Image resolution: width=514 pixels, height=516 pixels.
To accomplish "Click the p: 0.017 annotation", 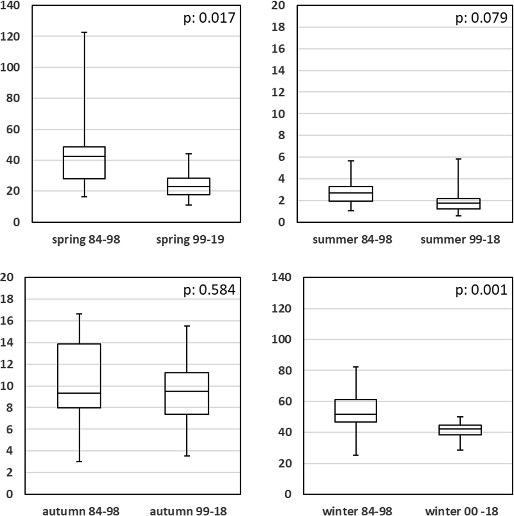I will click(x=209, y=18).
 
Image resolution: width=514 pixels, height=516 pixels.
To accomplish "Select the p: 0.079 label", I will click(x=481, y=18).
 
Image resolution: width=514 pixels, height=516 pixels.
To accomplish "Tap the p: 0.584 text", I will click(x=209, y=289).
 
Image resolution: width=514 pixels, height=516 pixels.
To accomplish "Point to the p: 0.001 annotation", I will click(x=481, y=289).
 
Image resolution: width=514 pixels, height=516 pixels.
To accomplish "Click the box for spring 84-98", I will click(x=84, y=163).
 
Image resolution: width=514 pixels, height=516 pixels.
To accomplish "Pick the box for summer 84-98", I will click(x=351, y=194).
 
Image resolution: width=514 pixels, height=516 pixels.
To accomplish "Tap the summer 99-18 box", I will click(x=459, y=204).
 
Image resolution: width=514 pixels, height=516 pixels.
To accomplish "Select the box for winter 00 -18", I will click(x=460, y=430).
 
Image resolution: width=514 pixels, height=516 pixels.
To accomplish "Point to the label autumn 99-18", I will click(x=187, y=511).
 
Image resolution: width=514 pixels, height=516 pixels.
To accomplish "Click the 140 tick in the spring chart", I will click(x=11, y=6).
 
